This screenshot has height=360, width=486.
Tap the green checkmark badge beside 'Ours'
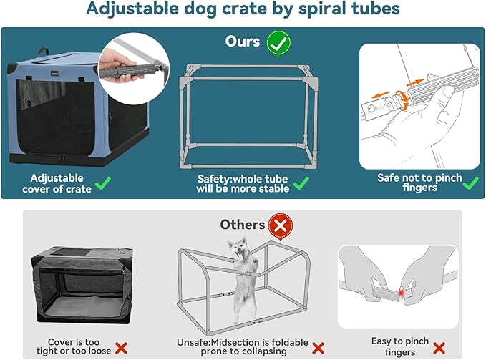click(x=278, y=42)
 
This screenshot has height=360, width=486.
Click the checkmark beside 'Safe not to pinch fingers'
click(x=470, y=184)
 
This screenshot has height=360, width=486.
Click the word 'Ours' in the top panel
click(x=243, y=42)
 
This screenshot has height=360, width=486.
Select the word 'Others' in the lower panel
click(x=242, y=225)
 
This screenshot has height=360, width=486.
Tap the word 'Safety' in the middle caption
click(x=213, y=178)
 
